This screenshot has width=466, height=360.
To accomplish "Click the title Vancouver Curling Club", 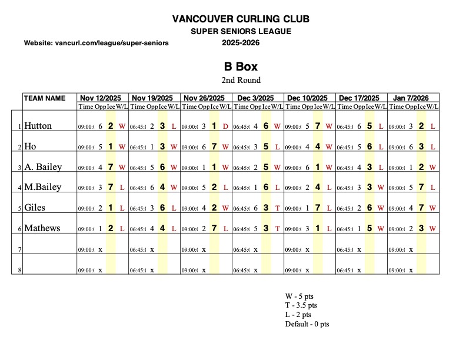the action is tap(241, 19).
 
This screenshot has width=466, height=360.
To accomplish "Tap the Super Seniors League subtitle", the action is tap(241, 32).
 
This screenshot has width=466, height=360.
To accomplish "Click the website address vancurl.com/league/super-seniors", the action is tap(96, 44).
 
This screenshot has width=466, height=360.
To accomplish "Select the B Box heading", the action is tap(241, 66).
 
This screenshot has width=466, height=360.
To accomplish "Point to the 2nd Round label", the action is tap(241, 80).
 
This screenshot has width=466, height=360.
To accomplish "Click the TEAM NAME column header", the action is tap(45, 98).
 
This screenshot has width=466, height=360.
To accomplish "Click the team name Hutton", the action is tap(38, 126).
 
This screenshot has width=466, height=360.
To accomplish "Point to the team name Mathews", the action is tap(42, 228).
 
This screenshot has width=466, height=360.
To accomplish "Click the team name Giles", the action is tap(35, 208).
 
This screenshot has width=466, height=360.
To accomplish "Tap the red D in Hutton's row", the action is tap(225, 126).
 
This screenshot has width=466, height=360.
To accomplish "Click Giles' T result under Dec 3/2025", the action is tap(277, 208).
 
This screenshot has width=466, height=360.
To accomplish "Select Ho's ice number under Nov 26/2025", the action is tap(215, 146).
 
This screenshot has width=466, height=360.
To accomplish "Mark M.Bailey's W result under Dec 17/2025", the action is tap(381, 188).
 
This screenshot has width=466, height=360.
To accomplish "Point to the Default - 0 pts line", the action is tap(307, 324).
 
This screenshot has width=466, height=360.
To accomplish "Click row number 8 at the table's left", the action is tap(20, 270).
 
